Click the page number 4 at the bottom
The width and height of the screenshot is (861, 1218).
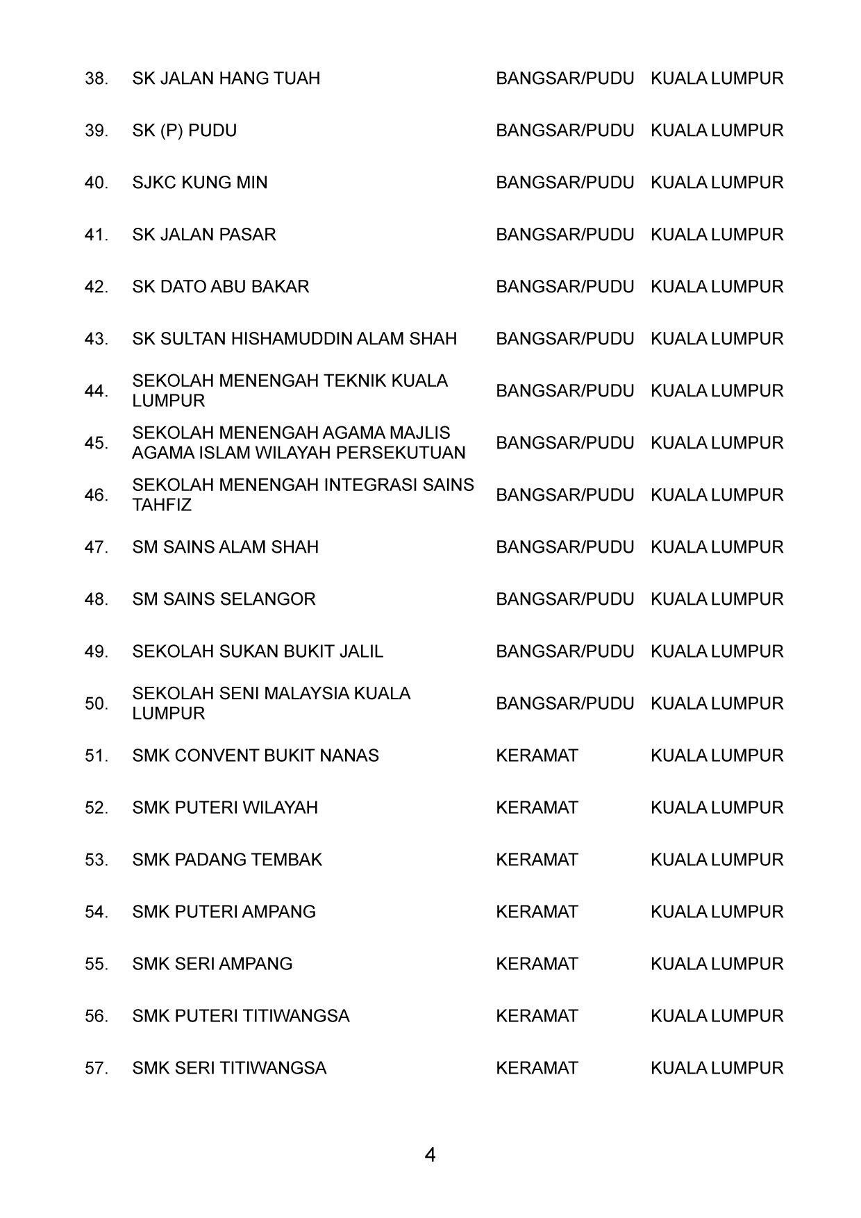coord(430,1156)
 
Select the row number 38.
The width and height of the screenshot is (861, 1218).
coord(97,78)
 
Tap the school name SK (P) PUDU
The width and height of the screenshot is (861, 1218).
coord(184,131)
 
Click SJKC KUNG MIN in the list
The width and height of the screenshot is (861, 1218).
coord(199,183)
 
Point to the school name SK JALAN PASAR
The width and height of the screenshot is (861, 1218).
coord(203,235)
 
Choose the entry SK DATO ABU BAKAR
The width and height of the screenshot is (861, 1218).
coord(220,287)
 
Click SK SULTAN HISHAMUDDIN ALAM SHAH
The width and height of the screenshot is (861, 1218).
coord(294,339)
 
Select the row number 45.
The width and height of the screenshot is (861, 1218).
coord(97,443)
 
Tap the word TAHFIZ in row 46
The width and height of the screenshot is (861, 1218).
coord(162,505)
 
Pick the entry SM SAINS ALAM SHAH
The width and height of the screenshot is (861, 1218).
coord(225,547)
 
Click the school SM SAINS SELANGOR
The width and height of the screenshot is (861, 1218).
coord(224,599)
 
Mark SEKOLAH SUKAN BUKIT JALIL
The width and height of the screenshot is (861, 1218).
coord(258,651)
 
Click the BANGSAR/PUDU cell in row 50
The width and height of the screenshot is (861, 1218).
coord(565,703)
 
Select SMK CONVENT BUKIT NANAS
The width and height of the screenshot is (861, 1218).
coord(256,756)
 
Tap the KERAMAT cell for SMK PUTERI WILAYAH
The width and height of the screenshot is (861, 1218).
coord(537,808)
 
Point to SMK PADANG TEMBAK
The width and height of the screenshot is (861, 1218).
coord(227,860)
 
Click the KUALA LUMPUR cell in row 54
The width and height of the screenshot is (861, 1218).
coord(717,912)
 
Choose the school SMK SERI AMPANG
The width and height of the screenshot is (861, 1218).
coord(212,964)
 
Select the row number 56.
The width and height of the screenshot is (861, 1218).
coord(97,1017)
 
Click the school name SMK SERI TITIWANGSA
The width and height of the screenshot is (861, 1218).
coord(229,1068)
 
